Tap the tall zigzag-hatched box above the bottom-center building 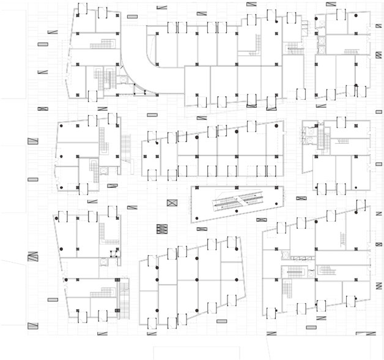(161, 230)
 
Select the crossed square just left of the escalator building (174, 202)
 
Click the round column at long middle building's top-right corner (276, 125)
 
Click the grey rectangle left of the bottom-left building (53, 300)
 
